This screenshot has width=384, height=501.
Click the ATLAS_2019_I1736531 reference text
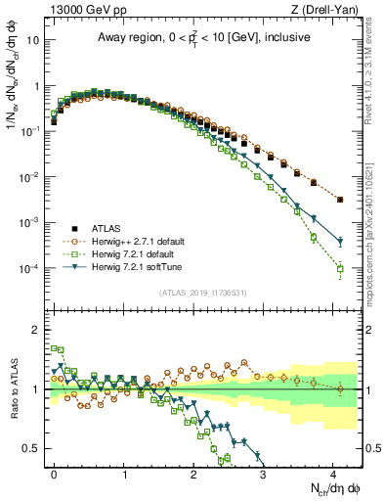pyautogui.click(x=204, y=292)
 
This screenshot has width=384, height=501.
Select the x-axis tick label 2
pyautogui.click(x=193, y=472)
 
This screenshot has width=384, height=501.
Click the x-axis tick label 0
pyautogui.click(x=55, y=472)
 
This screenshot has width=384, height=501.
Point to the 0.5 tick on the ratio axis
pyautogui.click(x=35, y=448)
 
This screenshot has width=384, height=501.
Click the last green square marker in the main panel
pyautogui.click(x=340, y=268)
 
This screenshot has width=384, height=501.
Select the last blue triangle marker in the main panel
pyautogui.click(x=340, y=242)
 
